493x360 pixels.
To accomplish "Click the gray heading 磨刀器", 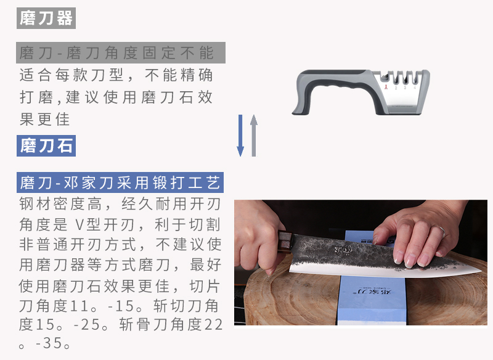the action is pos(46,18).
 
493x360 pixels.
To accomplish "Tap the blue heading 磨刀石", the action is pos(46,145).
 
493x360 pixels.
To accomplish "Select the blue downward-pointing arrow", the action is pos(240,136).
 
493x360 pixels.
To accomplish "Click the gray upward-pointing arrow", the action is pos(254,136).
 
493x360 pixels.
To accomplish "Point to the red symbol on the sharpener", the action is pos(386,86).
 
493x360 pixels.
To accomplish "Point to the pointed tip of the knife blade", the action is pos(480,270).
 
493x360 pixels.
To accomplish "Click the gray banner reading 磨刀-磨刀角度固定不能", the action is pos(121,52).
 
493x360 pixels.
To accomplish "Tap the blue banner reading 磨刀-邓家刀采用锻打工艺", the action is pos(120,182).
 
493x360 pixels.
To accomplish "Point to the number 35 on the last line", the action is pos(52,343).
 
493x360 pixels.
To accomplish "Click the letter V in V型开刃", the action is pos(79,224).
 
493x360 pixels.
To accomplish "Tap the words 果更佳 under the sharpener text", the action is pos(44,120).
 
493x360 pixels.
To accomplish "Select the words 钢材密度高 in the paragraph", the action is pos(60,204).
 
